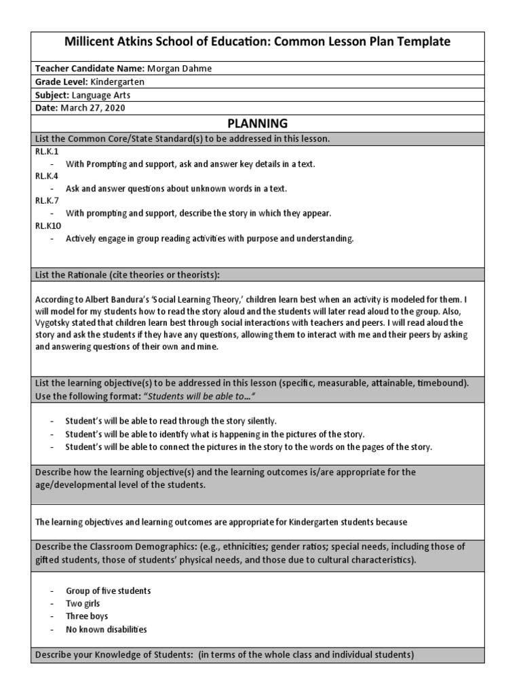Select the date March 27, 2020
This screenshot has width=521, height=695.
(x=93, y=107)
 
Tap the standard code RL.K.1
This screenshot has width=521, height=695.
(x=47, y=151)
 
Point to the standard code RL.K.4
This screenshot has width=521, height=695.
(x=47, y=176)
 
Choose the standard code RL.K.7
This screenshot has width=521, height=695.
(x=47, y=201)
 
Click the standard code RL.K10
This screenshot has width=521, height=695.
(x=48, y=225)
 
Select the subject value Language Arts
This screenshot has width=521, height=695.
(x=100, y=94)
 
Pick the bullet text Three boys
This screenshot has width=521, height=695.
(x=88, y=616)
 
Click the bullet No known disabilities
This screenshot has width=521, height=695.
(x=106, y=629)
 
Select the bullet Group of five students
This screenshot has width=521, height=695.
(x=108, y=590)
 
